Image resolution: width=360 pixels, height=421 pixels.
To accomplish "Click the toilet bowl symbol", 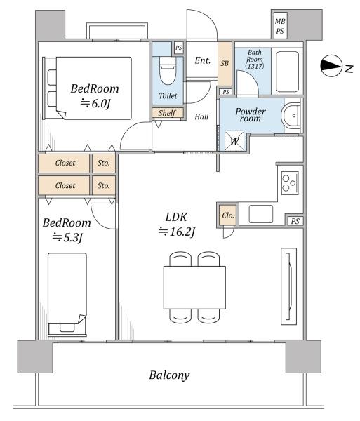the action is click(x=168, y=71).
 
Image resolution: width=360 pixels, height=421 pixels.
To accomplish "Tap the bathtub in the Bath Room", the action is click(x=287, y=72).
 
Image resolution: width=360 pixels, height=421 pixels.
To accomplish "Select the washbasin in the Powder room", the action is click(x=291, y=116).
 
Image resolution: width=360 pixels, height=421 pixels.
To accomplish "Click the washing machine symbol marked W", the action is click(x=234, y=141).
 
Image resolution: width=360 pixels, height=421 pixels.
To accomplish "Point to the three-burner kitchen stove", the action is click(x=290, y=183).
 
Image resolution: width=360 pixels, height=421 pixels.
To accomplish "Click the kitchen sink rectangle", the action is click(x=260, y=214).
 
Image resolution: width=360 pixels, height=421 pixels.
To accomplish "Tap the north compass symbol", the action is click(x=331, y=66).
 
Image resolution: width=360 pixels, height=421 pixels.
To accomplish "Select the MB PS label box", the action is click(x=280, y=26).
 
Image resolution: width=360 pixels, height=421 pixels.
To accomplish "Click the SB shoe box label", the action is click(x=225, y=63).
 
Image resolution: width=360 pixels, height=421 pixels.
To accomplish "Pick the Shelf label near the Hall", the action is click(x=168, y=113).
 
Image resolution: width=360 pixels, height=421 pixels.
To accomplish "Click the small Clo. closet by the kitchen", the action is click(x=227, y=215).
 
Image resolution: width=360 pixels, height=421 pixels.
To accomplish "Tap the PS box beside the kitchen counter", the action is click(x=295, y=221).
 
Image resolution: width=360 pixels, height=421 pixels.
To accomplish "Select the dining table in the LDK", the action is click(x=194, y=287).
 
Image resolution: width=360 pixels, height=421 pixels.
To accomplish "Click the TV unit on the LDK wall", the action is click(x=289, y=286).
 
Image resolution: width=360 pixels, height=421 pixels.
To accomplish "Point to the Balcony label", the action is click(x=169, y=375).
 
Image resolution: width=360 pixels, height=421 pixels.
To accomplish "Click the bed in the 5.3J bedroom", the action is click(x=67, y=295).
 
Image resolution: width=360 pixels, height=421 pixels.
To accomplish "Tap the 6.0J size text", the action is click(x=95, y=103).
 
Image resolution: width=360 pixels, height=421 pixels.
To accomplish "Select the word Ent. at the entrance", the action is click(x=202, y=60).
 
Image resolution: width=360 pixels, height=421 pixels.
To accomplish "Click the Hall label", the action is click(x=201, y=116).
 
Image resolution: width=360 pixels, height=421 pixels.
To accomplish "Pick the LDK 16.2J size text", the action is click(x=177, y=232).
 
